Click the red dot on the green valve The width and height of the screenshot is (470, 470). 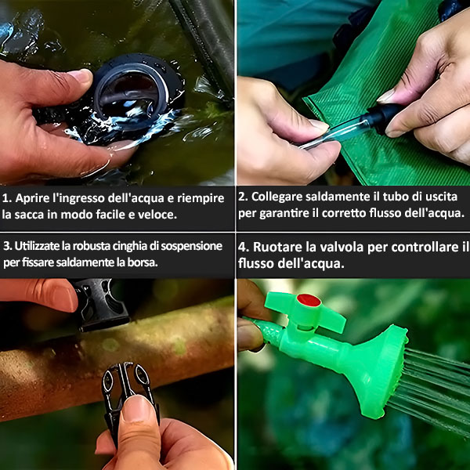coord(309,300)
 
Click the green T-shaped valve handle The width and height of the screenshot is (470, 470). coord(305,311)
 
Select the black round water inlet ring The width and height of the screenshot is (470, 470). coord(136,90)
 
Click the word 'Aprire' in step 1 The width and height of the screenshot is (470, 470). coord(33,198)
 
